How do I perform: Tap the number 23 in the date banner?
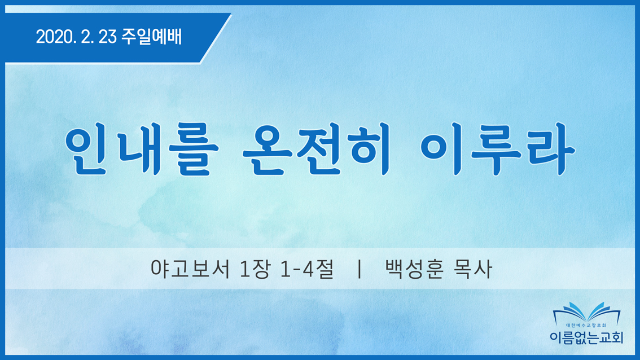pyautogui.click(x=108, y=37)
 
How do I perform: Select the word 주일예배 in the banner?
pyautogui.click(x=151, y=37)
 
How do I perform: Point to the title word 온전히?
pyautogui.click(x=316, y=150)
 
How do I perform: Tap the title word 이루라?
pyautogui.click(x=498, y=150)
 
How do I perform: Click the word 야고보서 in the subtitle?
pyautogui.click(x=190, y=269)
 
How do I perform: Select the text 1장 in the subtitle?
pyautogui.click(x=255, y=269)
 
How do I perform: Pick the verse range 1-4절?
pyautogui.click(x=308, y=269)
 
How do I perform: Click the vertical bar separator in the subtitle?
pyautogui.click(x=359, y=269)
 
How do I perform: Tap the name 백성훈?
pyautogui.click(x=414, y=269)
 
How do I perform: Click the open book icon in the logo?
pyautogui.click(x=586, y=313)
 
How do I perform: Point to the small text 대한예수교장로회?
pyautogui.click(x=586, y=326)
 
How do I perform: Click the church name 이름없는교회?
pyautogui.click(x=586, y=337)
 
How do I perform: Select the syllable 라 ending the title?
pyautogui.click(x=551, y=150)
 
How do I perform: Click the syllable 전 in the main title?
pyautogui.click(x=319, y=150)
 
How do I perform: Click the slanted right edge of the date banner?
pyautogui.click(x=216, y=38)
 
